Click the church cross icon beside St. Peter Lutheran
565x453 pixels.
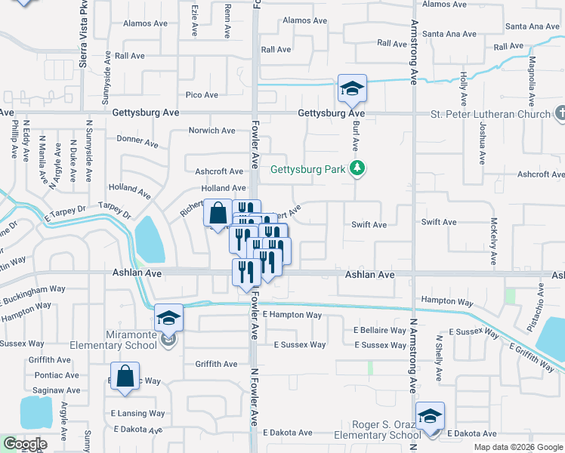(x=560, y=113)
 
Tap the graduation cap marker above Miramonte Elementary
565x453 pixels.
(x=169, y=318)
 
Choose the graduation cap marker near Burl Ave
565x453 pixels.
(x=352, y=88)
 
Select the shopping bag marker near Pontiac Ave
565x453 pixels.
(x=126, y=375)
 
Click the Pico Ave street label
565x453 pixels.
(x=202, y=95)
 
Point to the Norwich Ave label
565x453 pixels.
(x=211, y=131)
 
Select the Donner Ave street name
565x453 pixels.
(x=137, y=140)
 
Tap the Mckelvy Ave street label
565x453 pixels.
(x=493, y=241)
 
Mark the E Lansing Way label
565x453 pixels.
(x=137, y=414)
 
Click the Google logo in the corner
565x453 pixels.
(x=24, y=444)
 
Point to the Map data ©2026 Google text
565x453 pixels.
(x=517, y=447)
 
